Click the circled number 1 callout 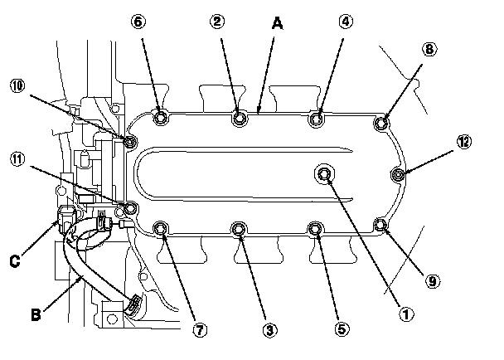406,315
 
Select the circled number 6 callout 138,22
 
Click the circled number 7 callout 199,330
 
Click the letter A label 279,26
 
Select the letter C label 14,262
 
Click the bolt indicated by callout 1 324,173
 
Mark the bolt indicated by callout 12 399,174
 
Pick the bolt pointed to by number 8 381,124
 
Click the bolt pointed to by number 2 239,119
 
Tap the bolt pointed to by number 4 316,120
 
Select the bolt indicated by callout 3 240,228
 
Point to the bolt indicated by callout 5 315,229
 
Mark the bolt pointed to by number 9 380,225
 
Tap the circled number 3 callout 268,330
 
